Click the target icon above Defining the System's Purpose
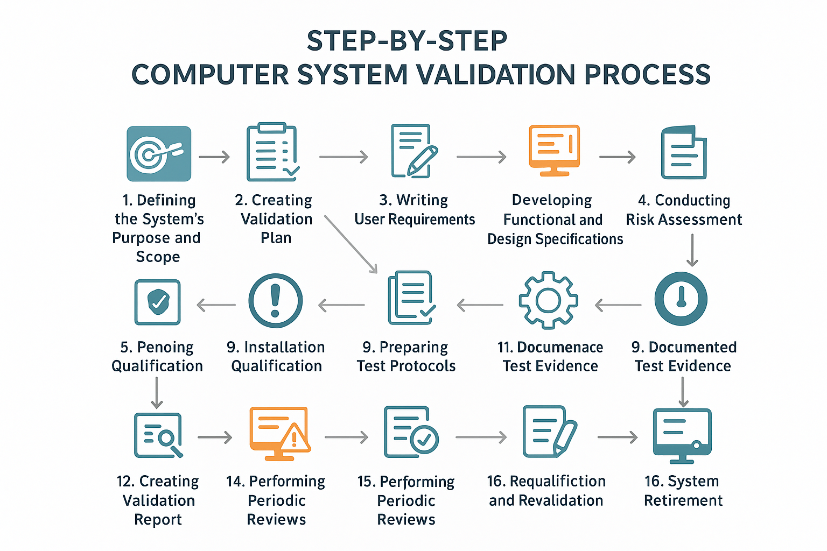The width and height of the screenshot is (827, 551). (159, 154)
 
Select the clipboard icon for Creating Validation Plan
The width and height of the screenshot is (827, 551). (272, 152)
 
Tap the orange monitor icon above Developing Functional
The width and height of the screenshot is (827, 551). (554, 150)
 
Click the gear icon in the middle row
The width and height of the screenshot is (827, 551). (548, 300)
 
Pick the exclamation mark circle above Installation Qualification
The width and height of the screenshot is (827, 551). (275, 300)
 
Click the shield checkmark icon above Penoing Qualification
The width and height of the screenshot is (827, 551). (157, 302)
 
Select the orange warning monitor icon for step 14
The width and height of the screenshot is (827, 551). (279, 434)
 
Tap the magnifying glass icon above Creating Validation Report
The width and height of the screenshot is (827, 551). (158, 435)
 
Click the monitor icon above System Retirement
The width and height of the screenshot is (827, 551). (682, 435)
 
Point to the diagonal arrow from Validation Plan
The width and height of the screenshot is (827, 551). (351, 244)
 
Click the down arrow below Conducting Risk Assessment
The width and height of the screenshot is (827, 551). (692, 251)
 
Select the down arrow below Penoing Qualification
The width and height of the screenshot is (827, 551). (157, 393)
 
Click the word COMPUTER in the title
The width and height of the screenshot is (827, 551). (210, 74)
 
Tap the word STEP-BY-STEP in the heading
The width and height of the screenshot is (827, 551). (407, 41)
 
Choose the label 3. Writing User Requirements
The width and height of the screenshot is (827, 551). (415, 210)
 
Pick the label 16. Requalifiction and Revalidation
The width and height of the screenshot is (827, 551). (546, 491)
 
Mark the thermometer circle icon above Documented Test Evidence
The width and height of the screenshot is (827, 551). (681, 299)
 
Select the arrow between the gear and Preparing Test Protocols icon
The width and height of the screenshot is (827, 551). (480, 305)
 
